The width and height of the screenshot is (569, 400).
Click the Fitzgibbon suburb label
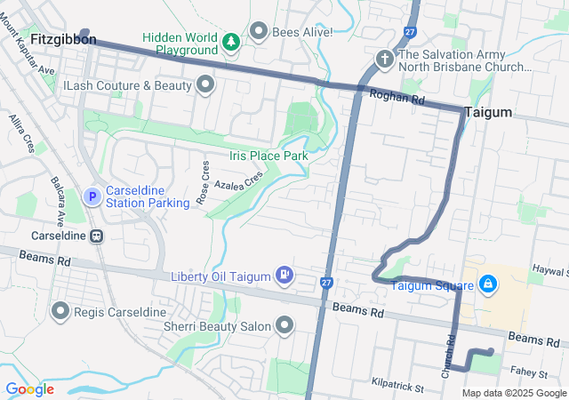[x=63, y=40]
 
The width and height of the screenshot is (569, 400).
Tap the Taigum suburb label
[x=488, y=112]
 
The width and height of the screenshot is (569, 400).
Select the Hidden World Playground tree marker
[x=230, y=41]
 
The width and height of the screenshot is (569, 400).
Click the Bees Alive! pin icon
[x=260, y=32]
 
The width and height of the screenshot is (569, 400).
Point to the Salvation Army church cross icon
[x=385, y=58]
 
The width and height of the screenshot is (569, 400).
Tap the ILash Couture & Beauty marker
[x=206, y=85]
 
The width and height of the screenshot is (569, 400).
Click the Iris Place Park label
[x=268, y=156]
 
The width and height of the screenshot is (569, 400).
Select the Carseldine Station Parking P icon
[x=92, y=196]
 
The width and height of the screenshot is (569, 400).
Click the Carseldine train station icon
[x=95, y=236]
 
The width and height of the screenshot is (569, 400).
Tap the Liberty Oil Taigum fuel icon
[x=284, y=275]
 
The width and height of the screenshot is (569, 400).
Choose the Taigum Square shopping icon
[x=486, y=284]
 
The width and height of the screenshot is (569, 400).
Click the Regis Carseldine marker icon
[x=60, y=311]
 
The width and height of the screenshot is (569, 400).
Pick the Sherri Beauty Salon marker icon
[x=284, y=326]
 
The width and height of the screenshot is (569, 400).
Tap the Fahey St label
[x=529, y=374]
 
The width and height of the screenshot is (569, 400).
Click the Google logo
[x=29, y=388]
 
